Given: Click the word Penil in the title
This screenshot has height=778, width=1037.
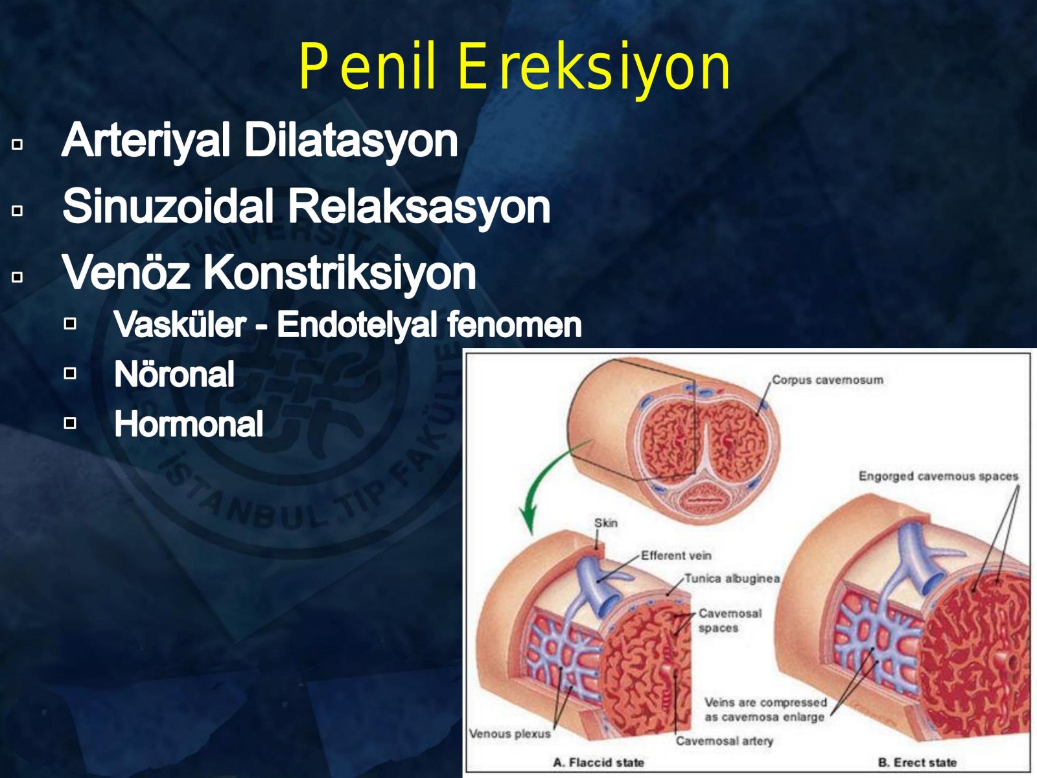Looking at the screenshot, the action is pyautogui.click(x=367, y=66).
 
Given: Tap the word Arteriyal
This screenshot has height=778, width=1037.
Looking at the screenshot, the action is pyautogui.click(x=146, y=140).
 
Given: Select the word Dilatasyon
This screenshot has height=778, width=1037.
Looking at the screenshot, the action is pyautogui.click(x=351, y=140).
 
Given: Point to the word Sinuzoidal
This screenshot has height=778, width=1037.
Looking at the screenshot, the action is pyautogui.click(x=168, y=206).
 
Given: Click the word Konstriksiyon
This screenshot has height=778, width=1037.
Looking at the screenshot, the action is pyautogui.click(x=339, y=273).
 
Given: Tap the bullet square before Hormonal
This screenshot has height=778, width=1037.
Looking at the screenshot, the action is pyautogui.click(x=70, y=423).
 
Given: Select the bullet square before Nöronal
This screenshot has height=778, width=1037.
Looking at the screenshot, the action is pyautogui.click(x=70, y=373).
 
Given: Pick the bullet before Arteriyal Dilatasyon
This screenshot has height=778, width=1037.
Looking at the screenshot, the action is pyautogui.click(x=17, y=144).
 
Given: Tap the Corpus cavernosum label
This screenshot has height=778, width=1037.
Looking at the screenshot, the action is pyautogui.click(x=827, y=381).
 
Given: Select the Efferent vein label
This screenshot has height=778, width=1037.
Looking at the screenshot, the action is pyautogui.click(x=676, y=556).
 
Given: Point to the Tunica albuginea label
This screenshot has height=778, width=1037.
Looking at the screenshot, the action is pyautogui.click(x=732, y=579).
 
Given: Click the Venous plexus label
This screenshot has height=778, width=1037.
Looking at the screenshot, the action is pyautogui.click(x=510, y=734).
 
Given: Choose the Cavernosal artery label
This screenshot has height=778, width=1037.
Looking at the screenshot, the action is pyautogui.click(x=724, y=740).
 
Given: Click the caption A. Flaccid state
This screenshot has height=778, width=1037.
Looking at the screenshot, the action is pyautogui.click(x=599, y=762).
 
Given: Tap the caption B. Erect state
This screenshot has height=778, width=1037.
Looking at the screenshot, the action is pyautogui.click(x=918, y=762).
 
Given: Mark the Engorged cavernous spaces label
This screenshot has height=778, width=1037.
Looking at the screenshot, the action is pyautogui.click(x=938, y=476).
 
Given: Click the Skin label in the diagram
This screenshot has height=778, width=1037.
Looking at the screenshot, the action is pyautogui.click(x=605, y=523).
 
